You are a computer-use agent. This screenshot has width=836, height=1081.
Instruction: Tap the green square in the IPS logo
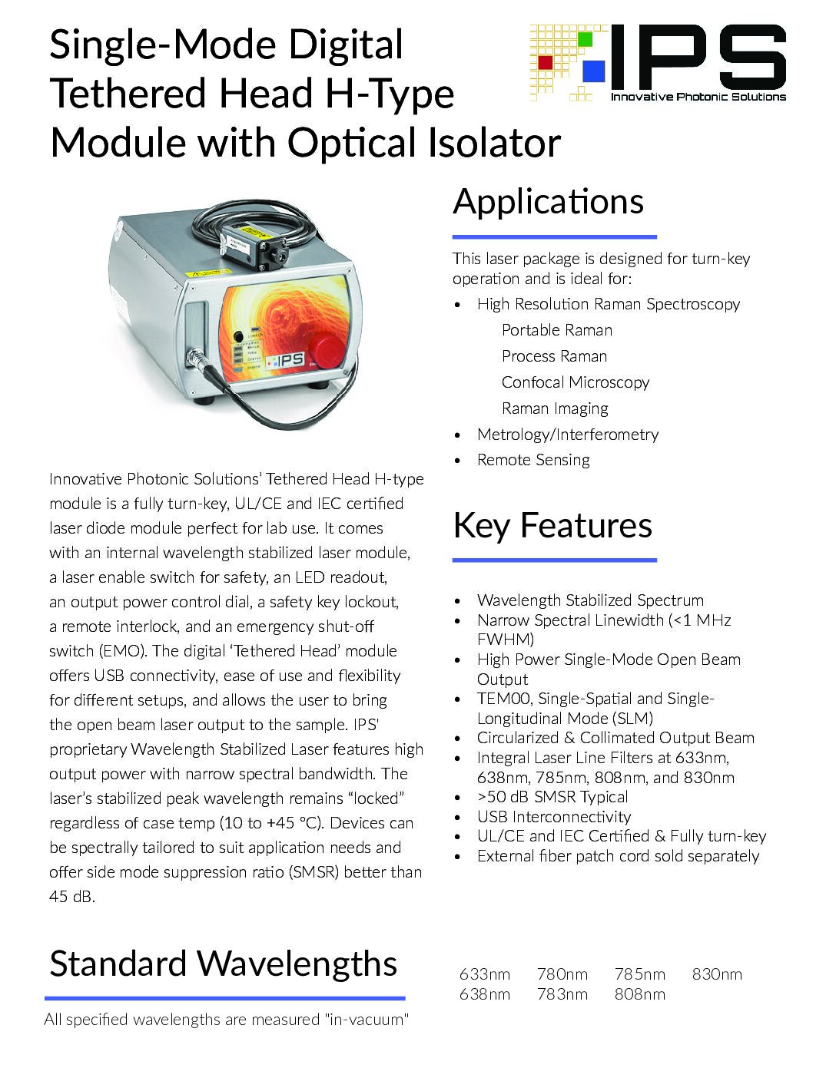[586, 38]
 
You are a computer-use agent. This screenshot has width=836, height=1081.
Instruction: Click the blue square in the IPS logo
[593, 70]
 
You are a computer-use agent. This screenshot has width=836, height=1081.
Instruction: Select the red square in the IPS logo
[546, 62]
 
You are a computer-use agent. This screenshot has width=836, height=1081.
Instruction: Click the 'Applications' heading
[548, 202]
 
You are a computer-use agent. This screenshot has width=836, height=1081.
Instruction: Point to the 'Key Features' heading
[552, 526]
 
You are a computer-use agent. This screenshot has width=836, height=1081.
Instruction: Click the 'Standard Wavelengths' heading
[223, 964]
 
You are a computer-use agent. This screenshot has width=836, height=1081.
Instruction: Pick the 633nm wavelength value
[484, 974]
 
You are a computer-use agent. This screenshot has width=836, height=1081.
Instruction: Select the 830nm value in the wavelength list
[717, 974]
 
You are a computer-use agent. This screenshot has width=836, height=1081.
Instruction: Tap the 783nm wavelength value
[562, 994]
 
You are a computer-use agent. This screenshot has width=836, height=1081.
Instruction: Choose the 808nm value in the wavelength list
[639, 994]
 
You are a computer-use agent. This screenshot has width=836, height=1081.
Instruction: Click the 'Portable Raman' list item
[557, 330]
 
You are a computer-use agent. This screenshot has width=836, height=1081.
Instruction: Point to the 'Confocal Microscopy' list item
[576, 382]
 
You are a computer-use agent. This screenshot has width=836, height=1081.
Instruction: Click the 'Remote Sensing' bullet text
[533, 460]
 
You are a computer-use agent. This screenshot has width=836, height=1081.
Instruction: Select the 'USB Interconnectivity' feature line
[553, 817]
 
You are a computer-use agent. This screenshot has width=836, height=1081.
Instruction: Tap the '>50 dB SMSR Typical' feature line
[552, 797]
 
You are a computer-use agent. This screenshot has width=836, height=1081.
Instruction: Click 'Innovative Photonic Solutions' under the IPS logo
[698, 97]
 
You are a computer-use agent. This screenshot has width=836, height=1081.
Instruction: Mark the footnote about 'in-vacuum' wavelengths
[226, 1020]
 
